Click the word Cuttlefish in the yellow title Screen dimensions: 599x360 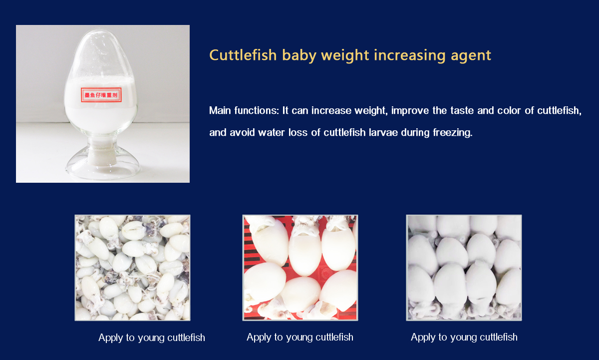[243, 55]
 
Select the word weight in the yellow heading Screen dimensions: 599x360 [345, 56]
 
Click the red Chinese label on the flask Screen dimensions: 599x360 [101, 95]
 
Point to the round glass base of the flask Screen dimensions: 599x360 [103, 166]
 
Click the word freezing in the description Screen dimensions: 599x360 [452, 133]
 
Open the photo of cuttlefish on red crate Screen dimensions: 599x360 [300, 268]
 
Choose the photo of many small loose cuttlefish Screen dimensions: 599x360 [132, 268]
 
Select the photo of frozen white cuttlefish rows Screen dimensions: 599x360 [464, 268]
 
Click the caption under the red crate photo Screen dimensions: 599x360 [300, 338]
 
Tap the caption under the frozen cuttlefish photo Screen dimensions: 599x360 [464, 338]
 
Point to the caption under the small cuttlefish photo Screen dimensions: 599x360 [152, 338]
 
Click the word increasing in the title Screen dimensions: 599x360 [410, 56]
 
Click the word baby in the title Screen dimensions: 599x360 [299, 55]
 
